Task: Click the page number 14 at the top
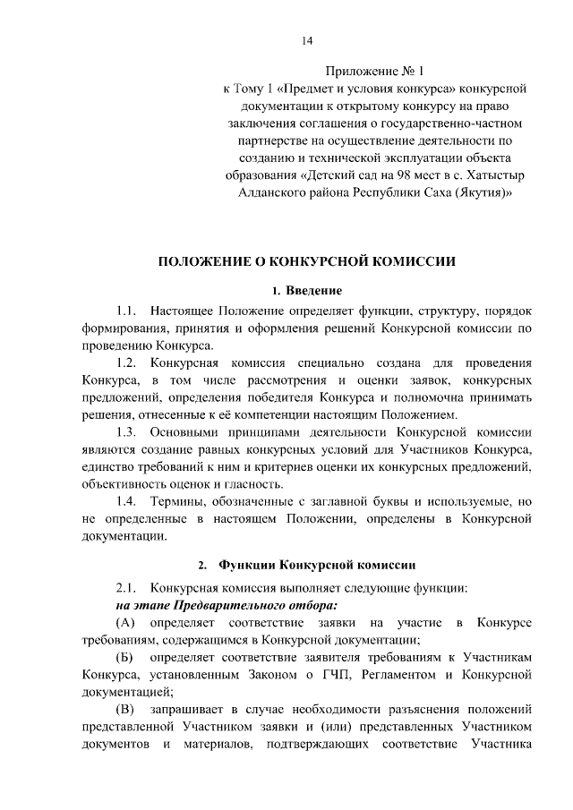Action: click(x=306, y=40)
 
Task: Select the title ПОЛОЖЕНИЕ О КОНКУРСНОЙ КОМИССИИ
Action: click(x=306, y=262)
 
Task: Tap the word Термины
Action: click(x=178, y=501)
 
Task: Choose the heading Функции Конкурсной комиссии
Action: click(x=318, y=566)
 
